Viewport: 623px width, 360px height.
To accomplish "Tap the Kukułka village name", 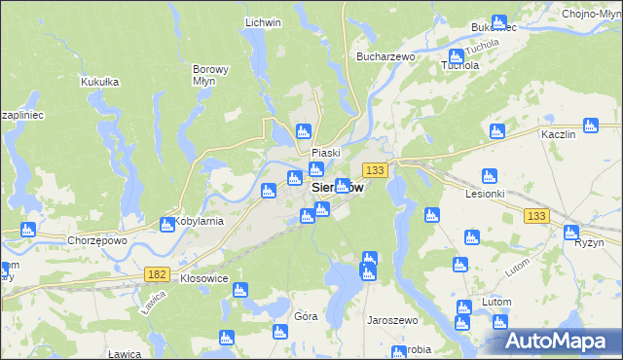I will [x=99, y=82].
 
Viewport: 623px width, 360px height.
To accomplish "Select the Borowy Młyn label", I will [x=210, y=76].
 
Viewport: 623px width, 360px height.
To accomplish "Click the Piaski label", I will [x=325, y=153].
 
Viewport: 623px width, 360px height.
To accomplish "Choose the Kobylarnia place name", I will [x=200, y=221].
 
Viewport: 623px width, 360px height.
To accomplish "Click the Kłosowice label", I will [x=204, y=277].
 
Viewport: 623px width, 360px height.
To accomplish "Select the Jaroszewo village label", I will [x=391, y=318].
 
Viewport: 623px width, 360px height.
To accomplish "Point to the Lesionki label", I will [x=486, y=193].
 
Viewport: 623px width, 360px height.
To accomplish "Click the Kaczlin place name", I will [x=559, y=132].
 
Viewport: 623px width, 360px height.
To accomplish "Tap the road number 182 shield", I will [x=157, y=275].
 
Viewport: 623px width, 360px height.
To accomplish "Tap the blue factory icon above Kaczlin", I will [x=590, y=125].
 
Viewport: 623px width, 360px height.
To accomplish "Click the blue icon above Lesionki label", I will [x=490, y=176].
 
